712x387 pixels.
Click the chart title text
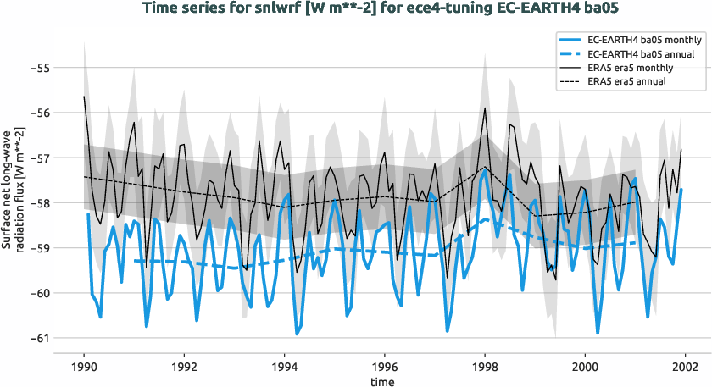click(x=355, y=9)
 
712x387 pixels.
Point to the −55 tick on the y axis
click(x=63, y=67)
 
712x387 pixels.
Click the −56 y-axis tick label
click(x=63, y=113)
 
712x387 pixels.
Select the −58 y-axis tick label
click(x=63, y=203)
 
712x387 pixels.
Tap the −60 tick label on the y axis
click(x=63, y=293)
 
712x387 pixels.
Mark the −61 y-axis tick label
click(x=63, y=338)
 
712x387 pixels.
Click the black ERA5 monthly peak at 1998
click(x=485, y=108)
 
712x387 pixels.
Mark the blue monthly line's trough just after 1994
click(x=297, y=334)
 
